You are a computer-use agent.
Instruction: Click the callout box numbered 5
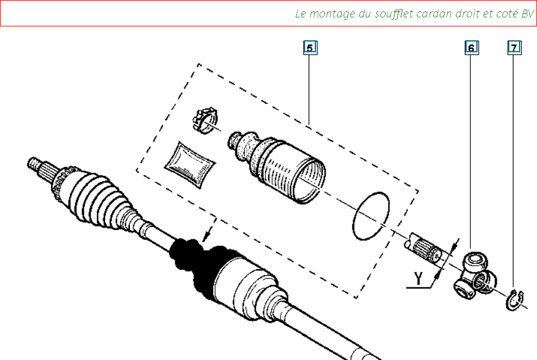[x=311, y=47]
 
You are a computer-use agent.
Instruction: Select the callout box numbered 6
[x=472, y=47]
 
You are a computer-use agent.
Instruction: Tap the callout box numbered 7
[x=514, y=47]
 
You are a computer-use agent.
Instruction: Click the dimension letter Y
[x=418, y=278]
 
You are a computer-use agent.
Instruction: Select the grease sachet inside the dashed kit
[x=189, y=165]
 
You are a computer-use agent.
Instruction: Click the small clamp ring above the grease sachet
[x=205, y=121]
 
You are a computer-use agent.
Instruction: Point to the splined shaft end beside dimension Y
[x=423, y=249]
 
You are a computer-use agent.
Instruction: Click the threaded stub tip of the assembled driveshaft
[x=34, y=163]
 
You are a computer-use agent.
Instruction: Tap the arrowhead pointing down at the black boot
[x=207, y=237]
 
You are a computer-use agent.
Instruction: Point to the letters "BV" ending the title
[x=527, y=14]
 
